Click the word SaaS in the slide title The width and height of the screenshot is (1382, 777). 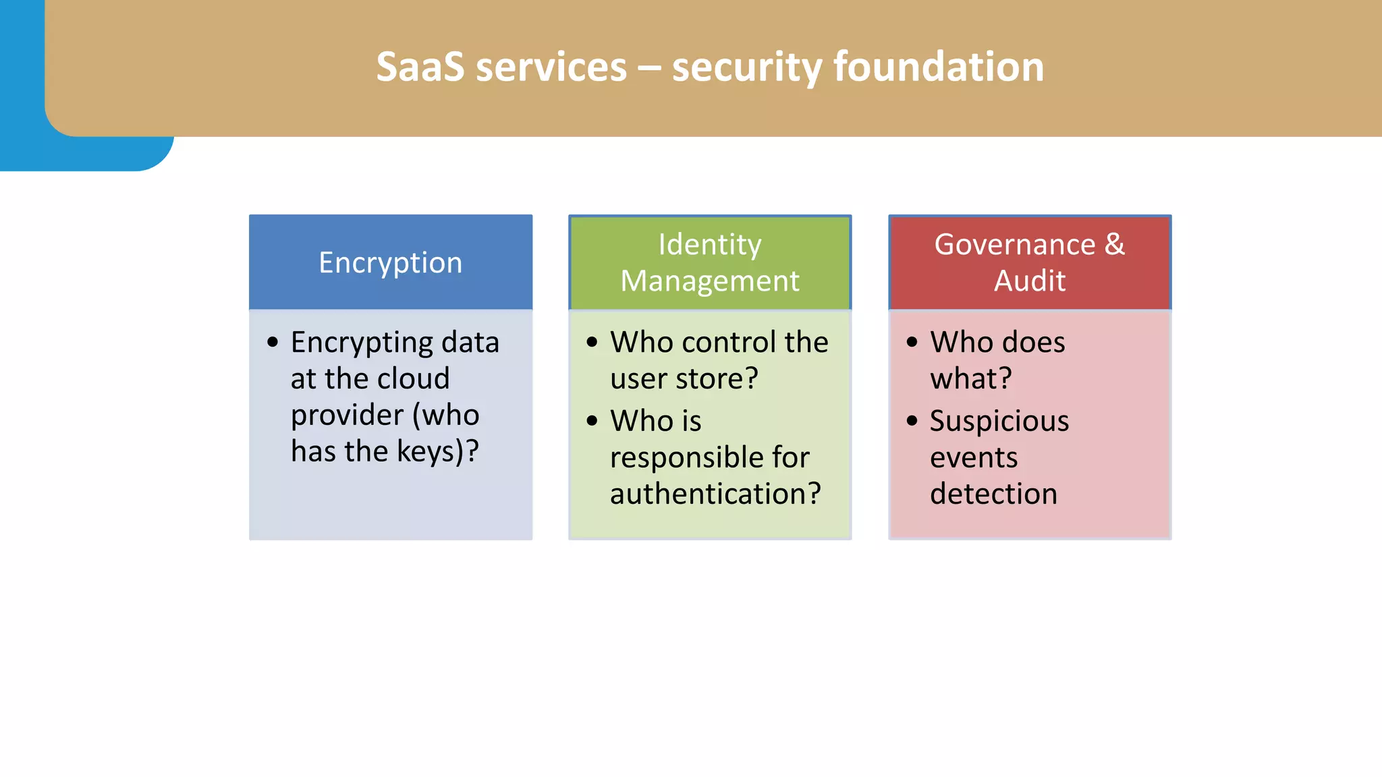(420, 67)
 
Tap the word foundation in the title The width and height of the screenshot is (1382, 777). (939, 67)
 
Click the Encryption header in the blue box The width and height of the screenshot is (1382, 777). (390, 263)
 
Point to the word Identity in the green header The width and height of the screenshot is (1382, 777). (710, 245)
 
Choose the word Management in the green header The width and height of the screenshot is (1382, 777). (710, 281)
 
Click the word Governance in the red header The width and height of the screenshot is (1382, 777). (1014, 245)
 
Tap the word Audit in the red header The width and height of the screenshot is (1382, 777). (1030, 281)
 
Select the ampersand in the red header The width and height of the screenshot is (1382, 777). (1115, 245)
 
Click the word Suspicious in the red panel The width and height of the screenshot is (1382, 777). (999, 422)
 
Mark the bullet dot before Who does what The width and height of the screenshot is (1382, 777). (912, 342)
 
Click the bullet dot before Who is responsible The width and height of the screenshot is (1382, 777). (592, 422)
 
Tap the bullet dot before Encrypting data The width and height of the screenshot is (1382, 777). (273, 342)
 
